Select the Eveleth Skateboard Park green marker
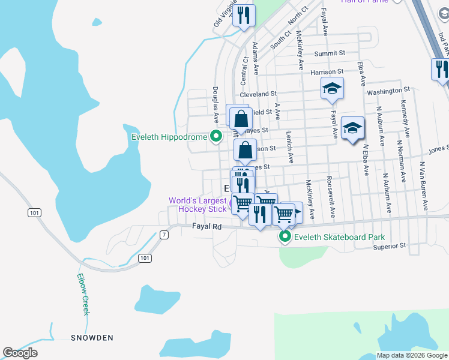tap(285, 238)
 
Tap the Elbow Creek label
tap(83, 295)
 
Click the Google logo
tap(20, 353)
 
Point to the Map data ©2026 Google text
tap(412, 355)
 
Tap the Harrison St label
tap(327, 73)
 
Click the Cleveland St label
tap(258, 94)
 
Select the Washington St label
tap(384, 91)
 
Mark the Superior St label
tap(390, 245)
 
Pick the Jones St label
tap(439, 148)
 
